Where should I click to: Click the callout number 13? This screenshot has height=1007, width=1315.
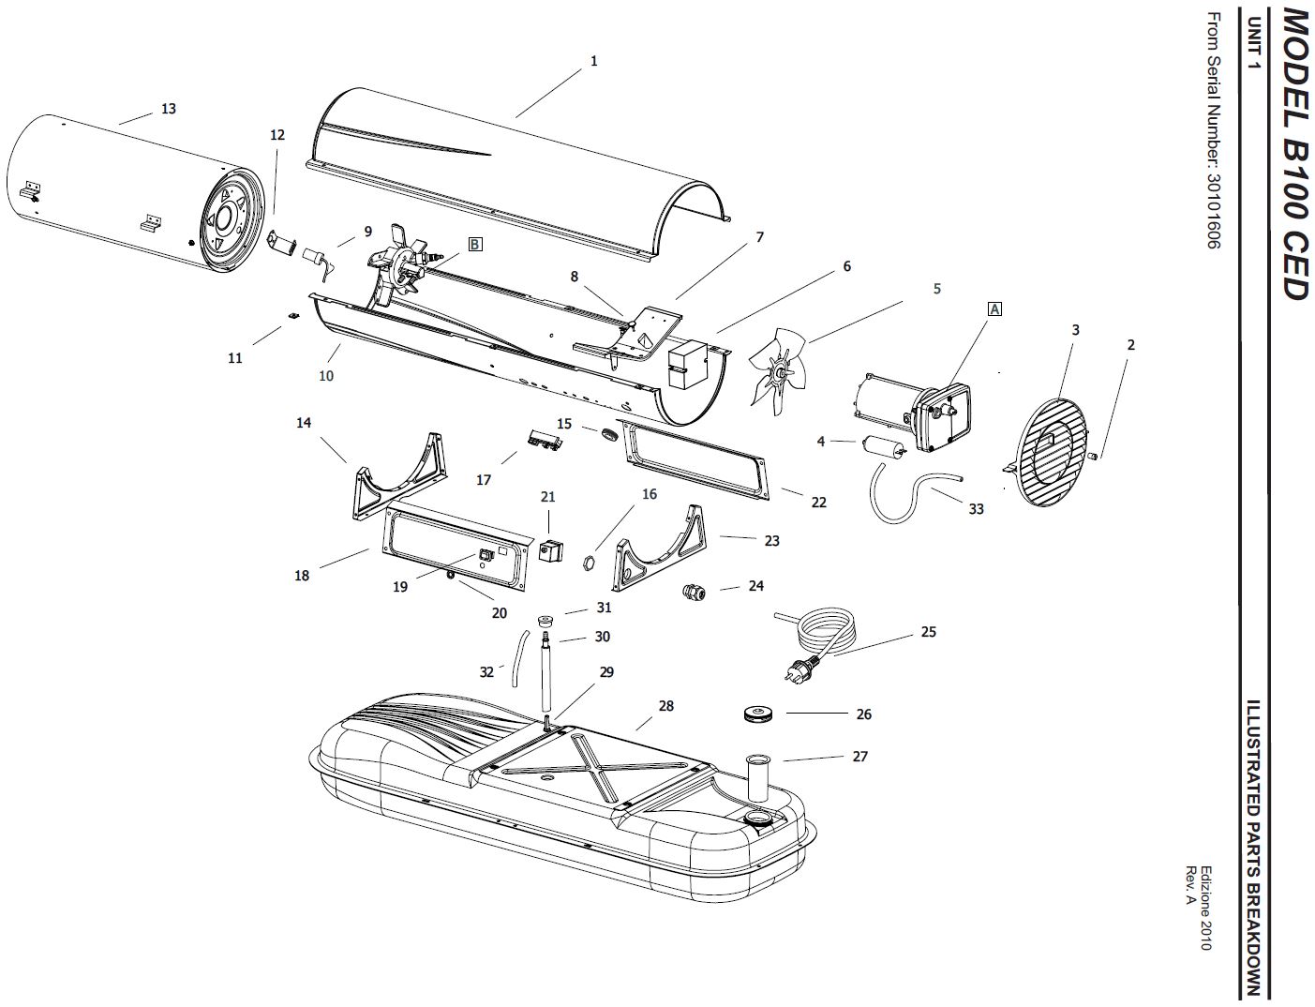tap(168, 109)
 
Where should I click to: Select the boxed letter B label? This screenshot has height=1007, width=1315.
tap(475, 244)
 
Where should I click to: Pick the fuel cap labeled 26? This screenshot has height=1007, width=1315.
tap(757, 715)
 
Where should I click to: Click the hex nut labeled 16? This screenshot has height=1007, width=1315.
tap(591, 563)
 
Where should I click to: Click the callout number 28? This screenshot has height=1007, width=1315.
tap(665, 706)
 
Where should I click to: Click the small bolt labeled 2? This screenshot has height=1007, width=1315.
tap(1096, 456)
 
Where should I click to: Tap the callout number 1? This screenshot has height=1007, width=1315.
tap(593, 61)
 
